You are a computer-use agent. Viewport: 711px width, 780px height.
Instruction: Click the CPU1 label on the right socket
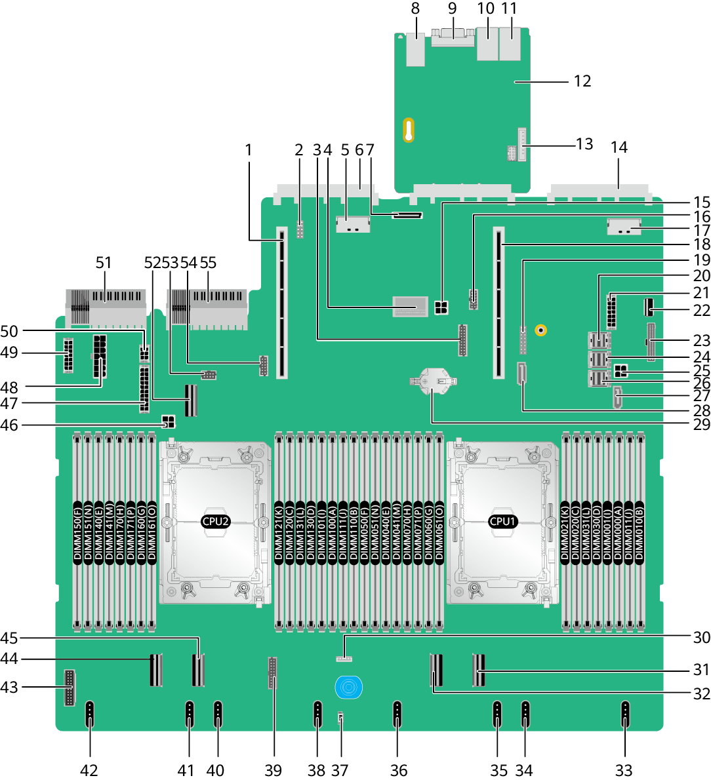502,521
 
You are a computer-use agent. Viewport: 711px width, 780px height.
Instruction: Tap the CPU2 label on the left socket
215,521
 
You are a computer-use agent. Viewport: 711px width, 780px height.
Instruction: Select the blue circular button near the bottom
348,688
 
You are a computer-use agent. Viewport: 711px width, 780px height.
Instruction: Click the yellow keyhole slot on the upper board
408,130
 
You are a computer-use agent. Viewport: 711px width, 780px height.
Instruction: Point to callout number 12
582,81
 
